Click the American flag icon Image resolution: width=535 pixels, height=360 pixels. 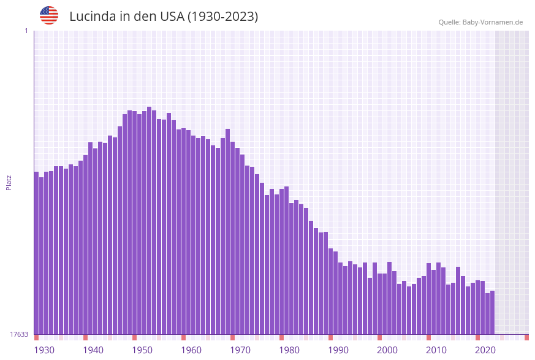[49, 15]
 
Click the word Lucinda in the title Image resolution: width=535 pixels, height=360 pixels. [93, 17]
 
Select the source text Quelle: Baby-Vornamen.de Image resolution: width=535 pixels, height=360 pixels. [480, 22]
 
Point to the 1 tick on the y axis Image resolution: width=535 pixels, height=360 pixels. [26, 31]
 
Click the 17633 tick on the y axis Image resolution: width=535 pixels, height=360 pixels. [19, 334]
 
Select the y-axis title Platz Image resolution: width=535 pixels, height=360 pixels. [9, 182]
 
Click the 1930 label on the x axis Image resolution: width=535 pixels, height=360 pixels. [44, 350]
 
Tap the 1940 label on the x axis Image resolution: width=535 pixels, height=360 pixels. [93, 350]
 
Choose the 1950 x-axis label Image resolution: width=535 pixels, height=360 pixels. [142, 350]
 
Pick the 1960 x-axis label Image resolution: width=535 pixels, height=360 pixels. [191, 350]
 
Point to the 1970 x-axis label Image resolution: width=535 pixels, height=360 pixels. [240, 350]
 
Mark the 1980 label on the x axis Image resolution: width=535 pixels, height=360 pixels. [289, 350]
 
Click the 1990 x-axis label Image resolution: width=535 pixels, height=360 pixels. [338, 350]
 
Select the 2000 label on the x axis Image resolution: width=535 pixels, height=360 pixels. [387, 350]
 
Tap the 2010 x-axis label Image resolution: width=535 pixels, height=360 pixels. [436, 350]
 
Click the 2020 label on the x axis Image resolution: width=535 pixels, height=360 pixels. [485, 350]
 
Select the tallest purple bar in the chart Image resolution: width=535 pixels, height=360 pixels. [149, 221]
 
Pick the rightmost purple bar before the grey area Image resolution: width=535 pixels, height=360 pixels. [492, 312]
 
